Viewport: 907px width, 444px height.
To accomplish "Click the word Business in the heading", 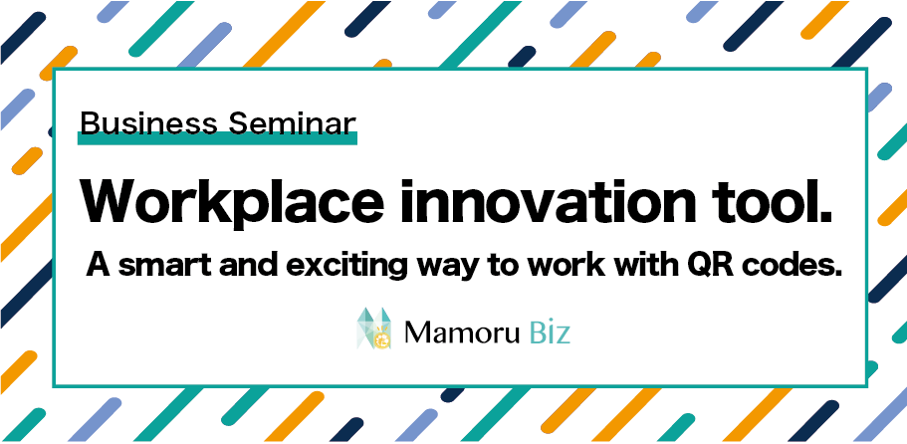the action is [148, 122].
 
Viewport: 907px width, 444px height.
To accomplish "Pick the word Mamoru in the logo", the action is [462, 333].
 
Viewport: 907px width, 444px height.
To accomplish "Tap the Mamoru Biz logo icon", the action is [373, 329].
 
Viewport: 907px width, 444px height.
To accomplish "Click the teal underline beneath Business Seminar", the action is [217, 138].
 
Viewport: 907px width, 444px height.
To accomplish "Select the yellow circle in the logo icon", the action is [381, 340].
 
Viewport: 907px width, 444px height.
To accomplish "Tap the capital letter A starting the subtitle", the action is [97, 267].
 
